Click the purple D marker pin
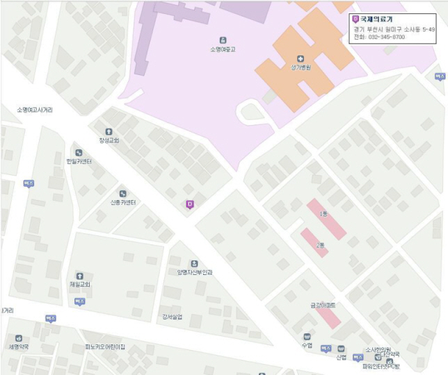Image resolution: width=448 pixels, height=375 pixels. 189,203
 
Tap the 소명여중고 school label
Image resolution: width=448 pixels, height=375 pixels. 223,49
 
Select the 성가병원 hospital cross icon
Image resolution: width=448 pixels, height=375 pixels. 301,58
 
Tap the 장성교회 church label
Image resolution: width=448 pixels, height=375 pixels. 109,140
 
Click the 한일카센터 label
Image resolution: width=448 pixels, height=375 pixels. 79,161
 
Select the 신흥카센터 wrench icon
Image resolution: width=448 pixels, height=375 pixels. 122,194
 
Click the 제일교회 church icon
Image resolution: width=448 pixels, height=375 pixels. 79,276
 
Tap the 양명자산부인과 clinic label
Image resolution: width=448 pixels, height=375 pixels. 194,272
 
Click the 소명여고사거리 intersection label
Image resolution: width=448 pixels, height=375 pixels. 35,110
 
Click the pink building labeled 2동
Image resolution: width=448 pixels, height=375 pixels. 314,242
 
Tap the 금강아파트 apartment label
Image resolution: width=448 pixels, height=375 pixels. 323,305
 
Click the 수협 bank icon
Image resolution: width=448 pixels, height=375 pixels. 307,337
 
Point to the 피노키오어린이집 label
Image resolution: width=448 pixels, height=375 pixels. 105,346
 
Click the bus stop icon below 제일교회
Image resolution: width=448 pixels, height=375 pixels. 79,301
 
